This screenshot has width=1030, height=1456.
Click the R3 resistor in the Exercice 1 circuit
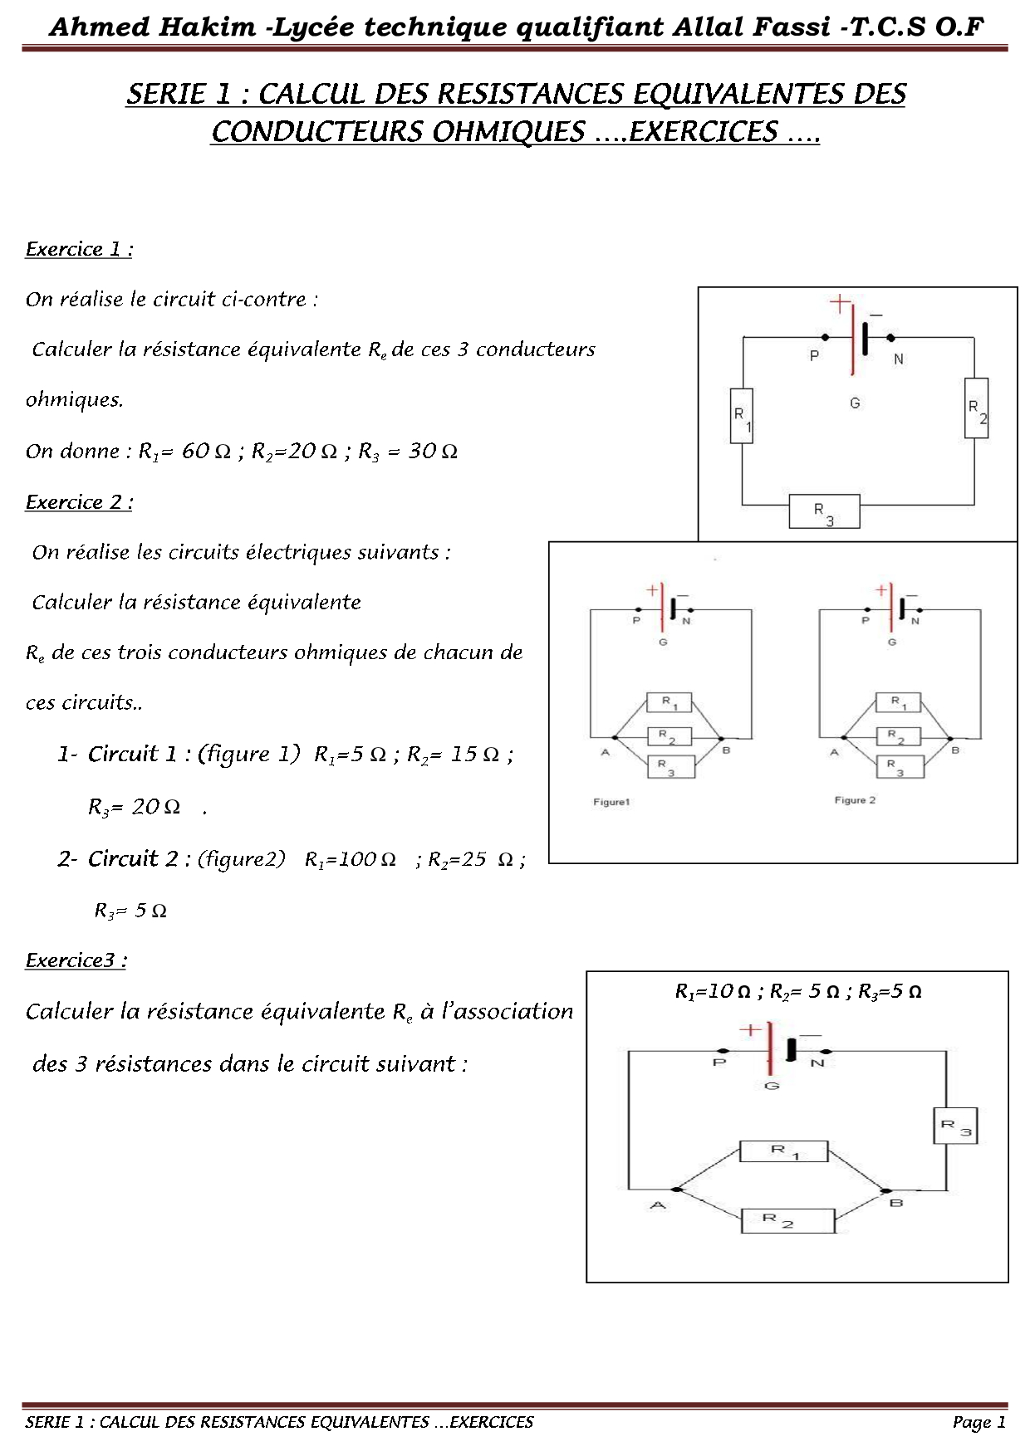tap(824, 511)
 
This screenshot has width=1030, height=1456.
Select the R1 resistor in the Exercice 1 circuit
tap(742, 416)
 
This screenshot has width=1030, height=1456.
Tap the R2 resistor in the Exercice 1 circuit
tap(976, 408)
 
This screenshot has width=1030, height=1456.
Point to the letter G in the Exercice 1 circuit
tap(855, 403)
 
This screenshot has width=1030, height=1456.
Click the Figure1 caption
tap(611, 802)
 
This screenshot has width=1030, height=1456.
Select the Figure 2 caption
tap(855, 800)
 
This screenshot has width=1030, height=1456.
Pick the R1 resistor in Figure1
tap(669, 703)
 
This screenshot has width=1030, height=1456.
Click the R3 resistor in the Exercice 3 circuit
tap(954, 1126)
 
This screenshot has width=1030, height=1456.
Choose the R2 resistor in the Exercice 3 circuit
tap(787, 1220)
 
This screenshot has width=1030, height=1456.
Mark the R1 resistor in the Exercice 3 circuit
tap(783, 1151)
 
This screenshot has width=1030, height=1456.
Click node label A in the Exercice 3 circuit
tap(658, 1204)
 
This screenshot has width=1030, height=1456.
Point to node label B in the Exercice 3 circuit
tap(896, 1203)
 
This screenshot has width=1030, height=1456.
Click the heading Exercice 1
tap(79, 249)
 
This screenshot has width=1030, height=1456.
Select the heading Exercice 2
tap(79, 502)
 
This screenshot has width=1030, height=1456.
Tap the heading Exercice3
tap(76, 960)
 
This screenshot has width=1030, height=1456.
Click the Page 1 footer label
tap(978, 1422)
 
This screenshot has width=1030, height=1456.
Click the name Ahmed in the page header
tap(99, 27)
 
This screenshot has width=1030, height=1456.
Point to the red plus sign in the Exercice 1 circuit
tap(841, 303)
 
